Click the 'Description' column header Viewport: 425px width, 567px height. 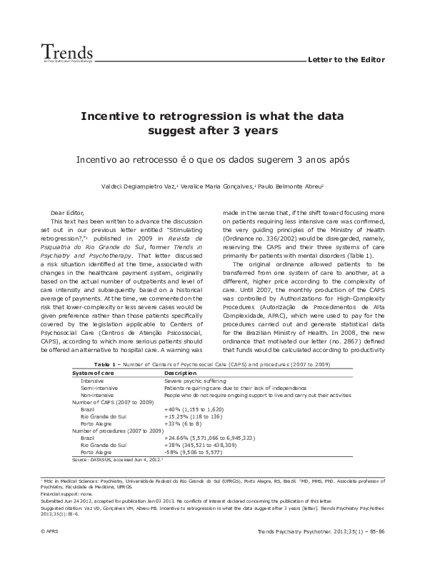coord(181,373)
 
